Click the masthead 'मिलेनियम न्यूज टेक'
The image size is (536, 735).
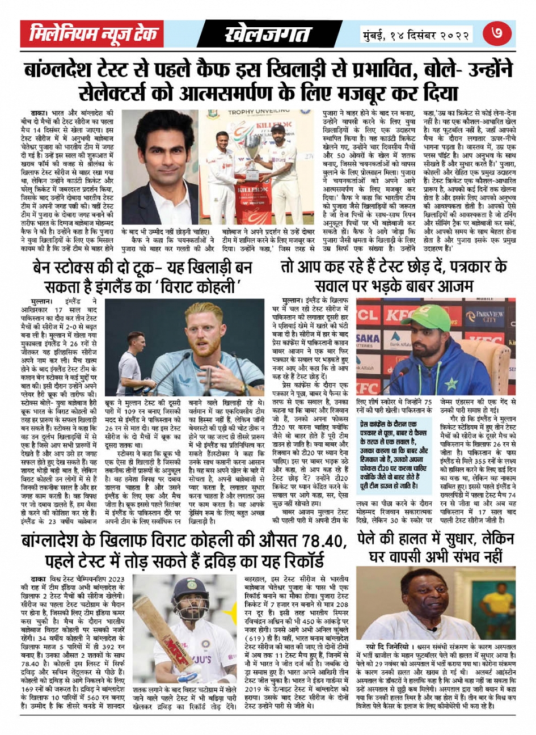(94, 35)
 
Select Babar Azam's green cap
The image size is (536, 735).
(431, 324)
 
